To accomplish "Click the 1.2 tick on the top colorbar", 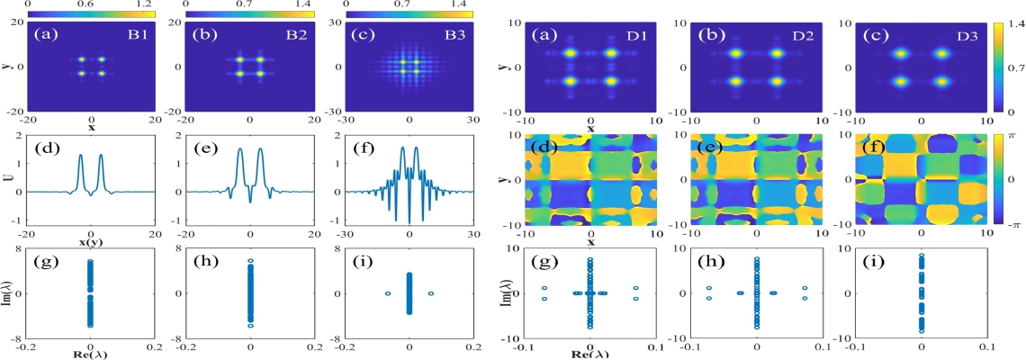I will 144,4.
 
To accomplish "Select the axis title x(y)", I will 91,248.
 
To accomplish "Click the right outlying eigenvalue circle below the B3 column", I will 431,293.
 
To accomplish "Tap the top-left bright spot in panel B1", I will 81,59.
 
